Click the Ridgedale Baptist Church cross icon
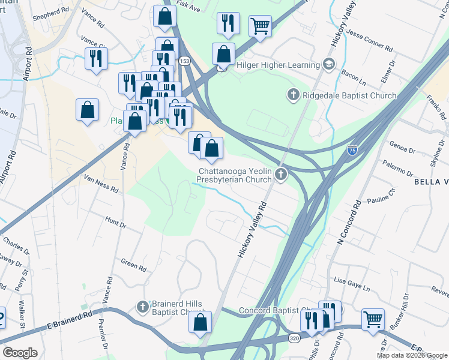pos(294,95)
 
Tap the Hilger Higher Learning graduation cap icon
pos(328,64)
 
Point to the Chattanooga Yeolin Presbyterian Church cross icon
pos(282,175)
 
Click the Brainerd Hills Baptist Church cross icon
pos(142,307)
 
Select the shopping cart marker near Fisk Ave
pos(259,26)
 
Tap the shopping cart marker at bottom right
pos(373,319)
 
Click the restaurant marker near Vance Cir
pos(95,59)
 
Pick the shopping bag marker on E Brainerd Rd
pos(200,322)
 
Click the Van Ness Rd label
pos(100,183)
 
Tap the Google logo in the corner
pos(20,353)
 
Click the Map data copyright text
pos(411,355)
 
